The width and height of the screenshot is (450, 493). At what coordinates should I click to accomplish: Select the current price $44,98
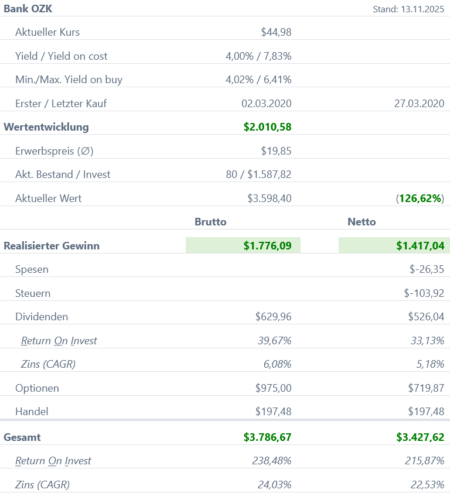click(276, 32)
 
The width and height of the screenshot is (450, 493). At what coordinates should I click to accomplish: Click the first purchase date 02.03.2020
click(266, 104)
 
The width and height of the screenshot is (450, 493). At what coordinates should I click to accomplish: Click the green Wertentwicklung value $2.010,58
click(267, 127)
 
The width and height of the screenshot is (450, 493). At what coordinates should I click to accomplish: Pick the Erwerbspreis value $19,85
click(276, 151)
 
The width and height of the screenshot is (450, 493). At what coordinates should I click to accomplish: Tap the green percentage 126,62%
click(421, 198)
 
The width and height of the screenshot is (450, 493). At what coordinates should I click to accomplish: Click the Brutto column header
click(210, 222)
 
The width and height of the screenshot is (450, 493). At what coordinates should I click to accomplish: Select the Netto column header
click(362, 222)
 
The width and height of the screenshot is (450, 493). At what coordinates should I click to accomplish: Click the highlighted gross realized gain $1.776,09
click(267, 246)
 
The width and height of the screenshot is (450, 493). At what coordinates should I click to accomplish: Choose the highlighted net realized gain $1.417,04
click(420, 246)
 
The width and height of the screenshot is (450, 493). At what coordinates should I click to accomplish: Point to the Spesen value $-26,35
click(427, 270)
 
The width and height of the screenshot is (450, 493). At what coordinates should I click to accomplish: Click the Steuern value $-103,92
click(424, 293)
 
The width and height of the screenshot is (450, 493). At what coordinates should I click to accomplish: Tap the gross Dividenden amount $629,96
click(273, 317)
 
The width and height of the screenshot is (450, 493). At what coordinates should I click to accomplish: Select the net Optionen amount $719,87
click(426, 388)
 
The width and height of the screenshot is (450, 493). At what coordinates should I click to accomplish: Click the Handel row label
click(32, 412)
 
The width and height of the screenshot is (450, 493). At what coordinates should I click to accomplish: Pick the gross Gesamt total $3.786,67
click(267, 437)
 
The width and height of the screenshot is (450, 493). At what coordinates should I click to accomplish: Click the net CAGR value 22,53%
click(424, 484)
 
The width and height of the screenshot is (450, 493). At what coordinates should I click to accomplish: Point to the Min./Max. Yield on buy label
click(69, 80)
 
